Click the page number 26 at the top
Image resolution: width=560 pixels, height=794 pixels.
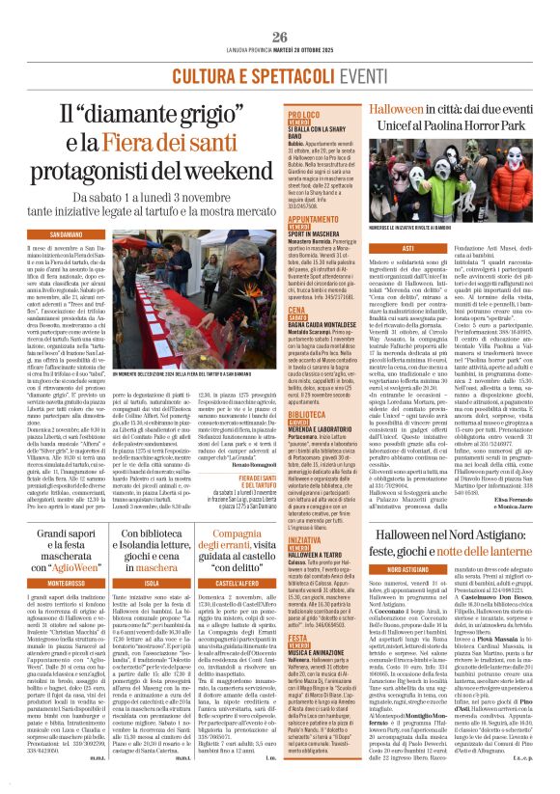tap(280, 9)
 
